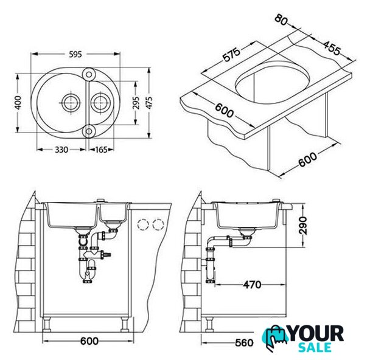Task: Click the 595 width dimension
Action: [x=75, y=54]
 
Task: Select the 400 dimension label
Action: [x=18, y=103]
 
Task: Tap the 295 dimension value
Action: [x=136, y=103]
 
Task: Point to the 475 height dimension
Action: [x=149, y=103]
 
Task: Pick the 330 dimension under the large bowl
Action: [x=61, y=150]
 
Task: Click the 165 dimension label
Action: [x=101, y=150]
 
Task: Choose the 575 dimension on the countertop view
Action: [x=232, y=55]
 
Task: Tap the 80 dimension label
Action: [x=281, y=19]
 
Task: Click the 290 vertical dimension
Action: [x=302, y=226]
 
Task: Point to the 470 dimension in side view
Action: [x=253, y=285]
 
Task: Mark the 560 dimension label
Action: [x=244, y=342]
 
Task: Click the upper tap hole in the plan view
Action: [x=89, y=75]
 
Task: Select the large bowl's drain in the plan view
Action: [x=71, y=103]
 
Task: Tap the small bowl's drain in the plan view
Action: [x=100, y=103]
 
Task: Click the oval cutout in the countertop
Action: [x=272, y=83]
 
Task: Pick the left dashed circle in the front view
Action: [x=143, y=224]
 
